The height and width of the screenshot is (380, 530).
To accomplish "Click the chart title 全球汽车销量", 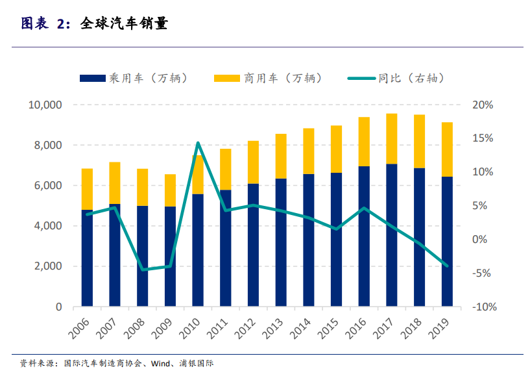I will click(x=124, y=24).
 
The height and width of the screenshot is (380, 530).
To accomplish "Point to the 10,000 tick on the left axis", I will click(x=45, y=105).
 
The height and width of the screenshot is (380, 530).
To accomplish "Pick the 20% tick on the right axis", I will click(x=483, y=105).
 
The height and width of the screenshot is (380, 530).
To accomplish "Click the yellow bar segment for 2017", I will click(x=392, y=138).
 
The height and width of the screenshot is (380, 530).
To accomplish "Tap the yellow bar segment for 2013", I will click(x=281, y=156).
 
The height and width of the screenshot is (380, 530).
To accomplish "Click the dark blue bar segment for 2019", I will click(x=447, y=241).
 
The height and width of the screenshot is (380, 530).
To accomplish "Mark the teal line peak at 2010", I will click(x=198, y=143).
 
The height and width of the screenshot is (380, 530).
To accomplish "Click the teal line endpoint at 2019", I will click(x=447, y=265).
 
